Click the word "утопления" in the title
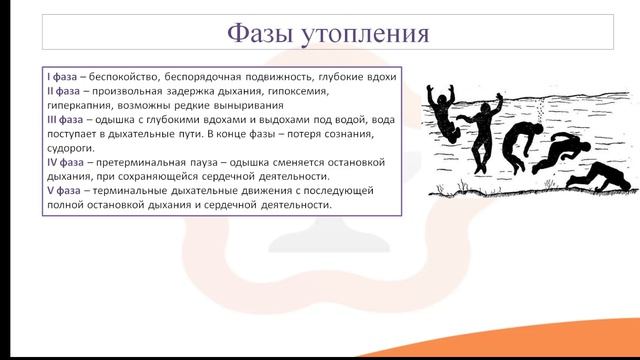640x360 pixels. pyautogui.click(x=366, y=32)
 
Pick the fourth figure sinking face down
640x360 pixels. pyautogui.click(x=563, y=156)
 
